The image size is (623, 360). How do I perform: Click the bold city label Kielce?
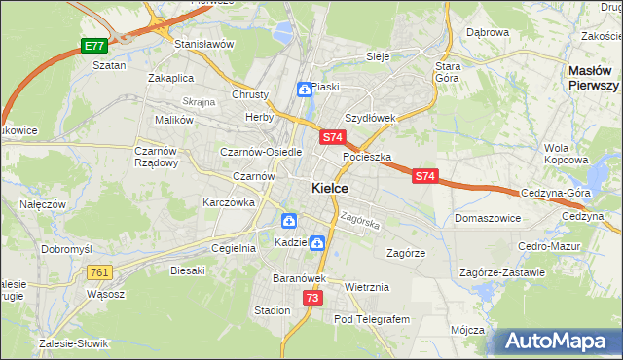(331, 188)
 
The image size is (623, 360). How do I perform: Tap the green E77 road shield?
(93, 46)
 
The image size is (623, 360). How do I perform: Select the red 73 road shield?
(311, 298)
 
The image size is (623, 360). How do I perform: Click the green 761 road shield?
(98, 272)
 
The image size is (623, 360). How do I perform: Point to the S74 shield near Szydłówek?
(332, 137)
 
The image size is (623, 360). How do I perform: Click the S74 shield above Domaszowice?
(424, 176)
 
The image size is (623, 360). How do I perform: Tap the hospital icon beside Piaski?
(305, 90)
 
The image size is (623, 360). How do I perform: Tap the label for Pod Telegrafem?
(372, 319)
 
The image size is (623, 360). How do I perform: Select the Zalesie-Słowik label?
(74, 343)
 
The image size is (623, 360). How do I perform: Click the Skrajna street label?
(199, 101)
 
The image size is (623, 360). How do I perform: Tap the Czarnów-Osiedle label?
(261, 152)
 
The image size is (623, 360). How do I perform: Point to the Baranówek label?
(297, 278)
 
